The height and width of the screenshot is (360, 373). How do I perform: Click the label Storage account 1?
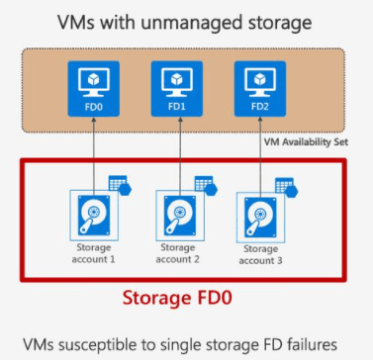[x=94, y=252]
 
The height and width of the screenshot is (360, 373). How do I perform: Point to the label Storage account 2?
[x=177, y=253]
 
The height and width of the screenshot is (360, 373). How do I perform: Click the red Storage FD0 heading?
[x=182, y=294]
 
